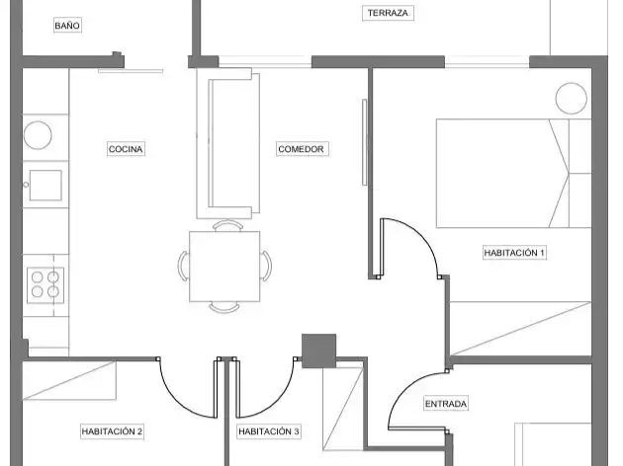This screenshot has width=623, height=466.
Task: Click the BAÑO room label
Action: (x=67, y=26)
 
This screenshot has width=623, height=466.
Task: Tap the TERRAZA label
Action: (x=388, y=13)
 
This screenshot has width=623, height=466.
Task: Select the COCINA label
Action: (x=126, y=149)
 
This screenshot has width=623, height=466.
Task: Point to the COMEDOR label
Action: (x=302, y=149)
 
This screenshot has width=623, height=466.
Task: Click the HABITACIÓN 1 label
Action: (x=514, y=253)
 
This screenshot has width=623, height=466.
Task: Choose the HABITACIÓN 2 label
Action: (x=112, y=431)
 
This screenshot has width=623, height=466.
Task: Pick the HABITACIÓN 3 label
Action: (x=269, y=431)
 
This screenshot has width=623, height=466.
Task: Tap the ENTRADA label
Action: (x=446, y=404)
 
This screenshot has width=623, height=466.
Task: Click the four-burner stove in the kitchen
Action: (x=45, y=284)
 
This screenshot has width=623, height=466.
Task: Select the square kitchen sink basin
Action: (x=45, y=186)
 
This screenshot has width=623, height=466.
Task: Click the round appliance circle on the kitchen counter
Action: (x=38, y=135)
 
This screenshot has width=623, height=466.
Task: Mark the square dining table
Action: (x=224, y=267)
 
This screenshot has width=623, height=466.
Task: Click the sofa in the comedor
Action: (x=228, y=143)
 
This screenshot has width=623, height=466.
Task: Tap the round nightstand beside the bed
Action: (x=572, y=99)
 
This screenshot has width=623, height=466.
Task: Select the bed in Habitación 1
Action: (x=514, y=174)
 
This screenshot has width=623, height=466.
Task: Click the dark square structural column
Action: (x=319, y=351)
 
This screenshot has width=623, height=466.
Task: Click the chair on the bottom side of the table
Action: (x=224, y=308)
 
